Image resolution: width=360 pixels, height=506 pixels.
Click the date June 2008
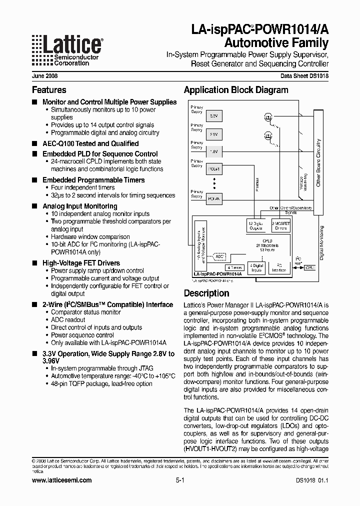pyautogui.click(x=44, y=77)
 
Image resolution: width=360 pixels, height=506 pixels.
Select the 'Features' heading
pyautogui.click(x=49, y=90)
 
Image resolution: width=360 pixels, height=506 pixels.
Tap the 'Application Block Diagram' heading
pyautogui.click(x=236, y=90)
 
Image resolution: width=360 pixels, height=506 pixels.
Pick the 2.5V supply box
pyautogui.click(x=213, y=134)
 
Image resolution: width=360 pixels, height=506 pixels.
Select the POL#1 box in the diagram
pyautogui.click(x=213, y=169)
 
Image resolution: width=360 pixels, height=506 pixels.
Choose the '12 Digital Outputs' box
pyautogui.click(x=256, y=225)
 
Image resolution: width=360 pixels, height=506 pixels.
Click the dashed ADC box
pyautogui.click(x=219, y=256)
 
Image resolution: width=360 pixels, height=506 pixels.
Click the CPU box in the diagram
pyautogui.click(x=310, y=267)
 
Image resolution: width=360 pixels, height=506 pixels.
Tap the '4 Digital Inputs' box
pyautogui.click(x=257, y=267)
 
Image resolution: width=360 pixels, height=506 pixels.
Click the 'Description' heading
pyautogui.click(x=206, y=293)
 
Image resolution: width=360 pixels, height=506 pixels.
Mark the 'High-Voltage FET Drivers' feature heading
pyautogui.click(x=81, y=263)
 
